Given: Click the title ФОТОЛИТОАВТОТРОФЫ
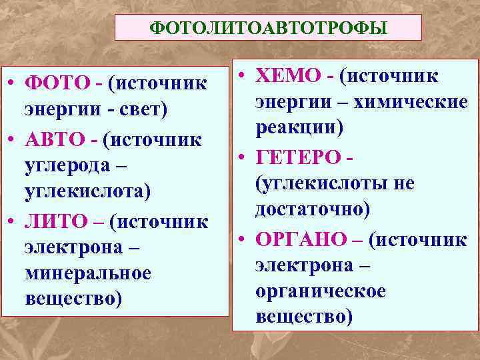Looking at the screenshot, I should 268,27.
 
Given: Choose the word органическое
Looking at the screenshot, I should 320,291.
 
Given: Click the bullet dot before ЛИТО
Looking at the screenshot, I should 13,221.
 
